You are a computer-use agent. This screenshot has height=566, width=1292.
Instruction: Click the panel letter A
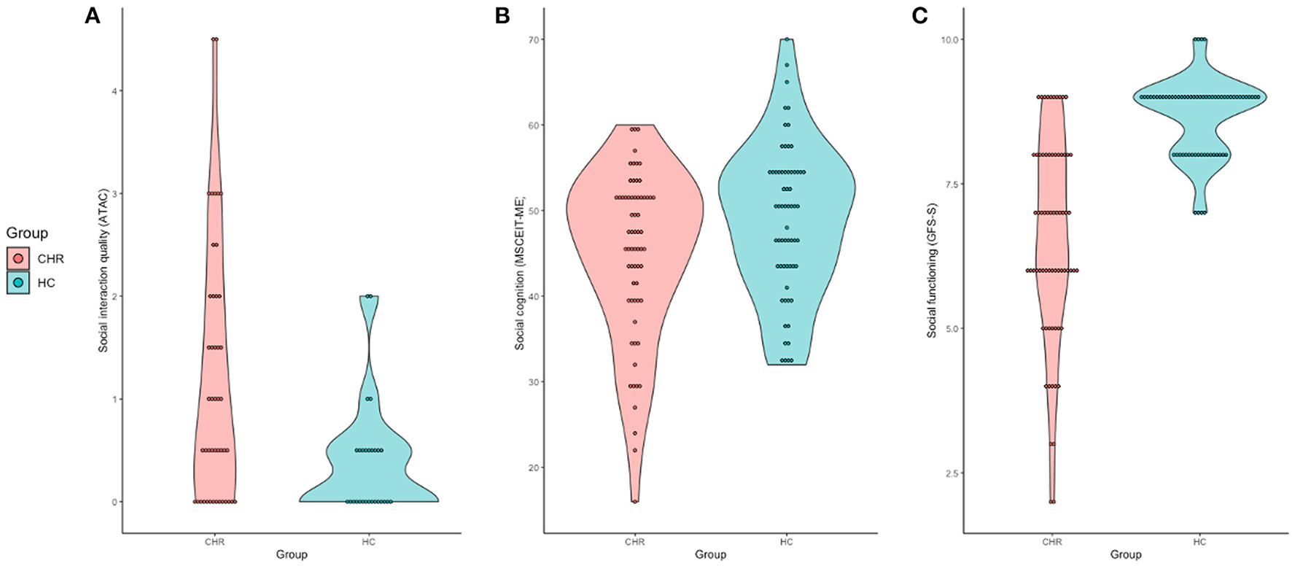[x=92, y=15]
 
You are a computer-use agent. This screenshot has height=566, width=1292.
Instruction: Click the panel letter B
[x=502, y=15]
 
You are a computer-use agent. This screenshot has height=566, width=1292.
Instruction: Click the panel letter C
[x=919, y=15]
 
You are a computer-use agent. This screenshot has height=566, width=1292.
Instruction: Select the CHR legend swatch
[x=18, y=258]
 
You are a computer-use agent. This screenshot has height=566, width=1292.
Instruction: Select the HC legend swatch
[x=18, y=283]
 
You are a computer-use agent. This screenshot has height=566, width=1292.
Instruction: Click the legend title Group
[x=27, y=233]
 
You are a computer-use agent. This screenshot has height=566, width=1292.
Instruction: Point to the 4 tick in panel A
[x=112, y=91]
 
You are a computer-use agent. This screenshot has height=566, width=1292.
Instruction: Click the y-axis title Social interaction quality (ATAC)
[x=104, y=270]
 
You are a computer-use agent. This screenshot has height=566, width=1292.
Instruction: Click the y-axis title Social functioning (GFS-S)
[x=932, y=270]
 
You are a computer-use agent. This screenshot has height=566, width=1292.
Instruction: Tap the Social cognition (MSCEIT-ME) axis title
[x=520, y=272]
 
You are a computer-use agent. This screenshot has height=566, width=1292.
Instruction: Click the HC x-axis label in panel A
[x=368, y=542]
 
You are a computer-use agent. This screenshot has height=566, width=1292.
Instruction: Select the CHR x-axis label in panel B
[x=634, y=542]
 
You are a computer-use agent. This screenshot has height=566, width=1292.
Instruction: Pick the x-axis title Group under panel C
[x=1126, y=554]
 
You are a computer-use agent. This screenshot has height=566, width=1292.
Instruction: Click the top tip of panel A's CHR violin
[x=214, y=39]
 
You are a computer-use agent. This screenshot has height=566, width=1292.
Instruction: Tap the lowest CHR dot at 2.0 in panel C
[x=1051, y=502]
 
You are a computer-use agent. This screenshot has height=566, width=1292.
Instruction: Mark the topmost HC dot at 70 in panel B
[x=787, y=39]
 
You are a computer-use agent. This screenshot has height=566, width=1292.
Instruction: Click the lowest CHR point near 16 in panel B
[x=634, y=502]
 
